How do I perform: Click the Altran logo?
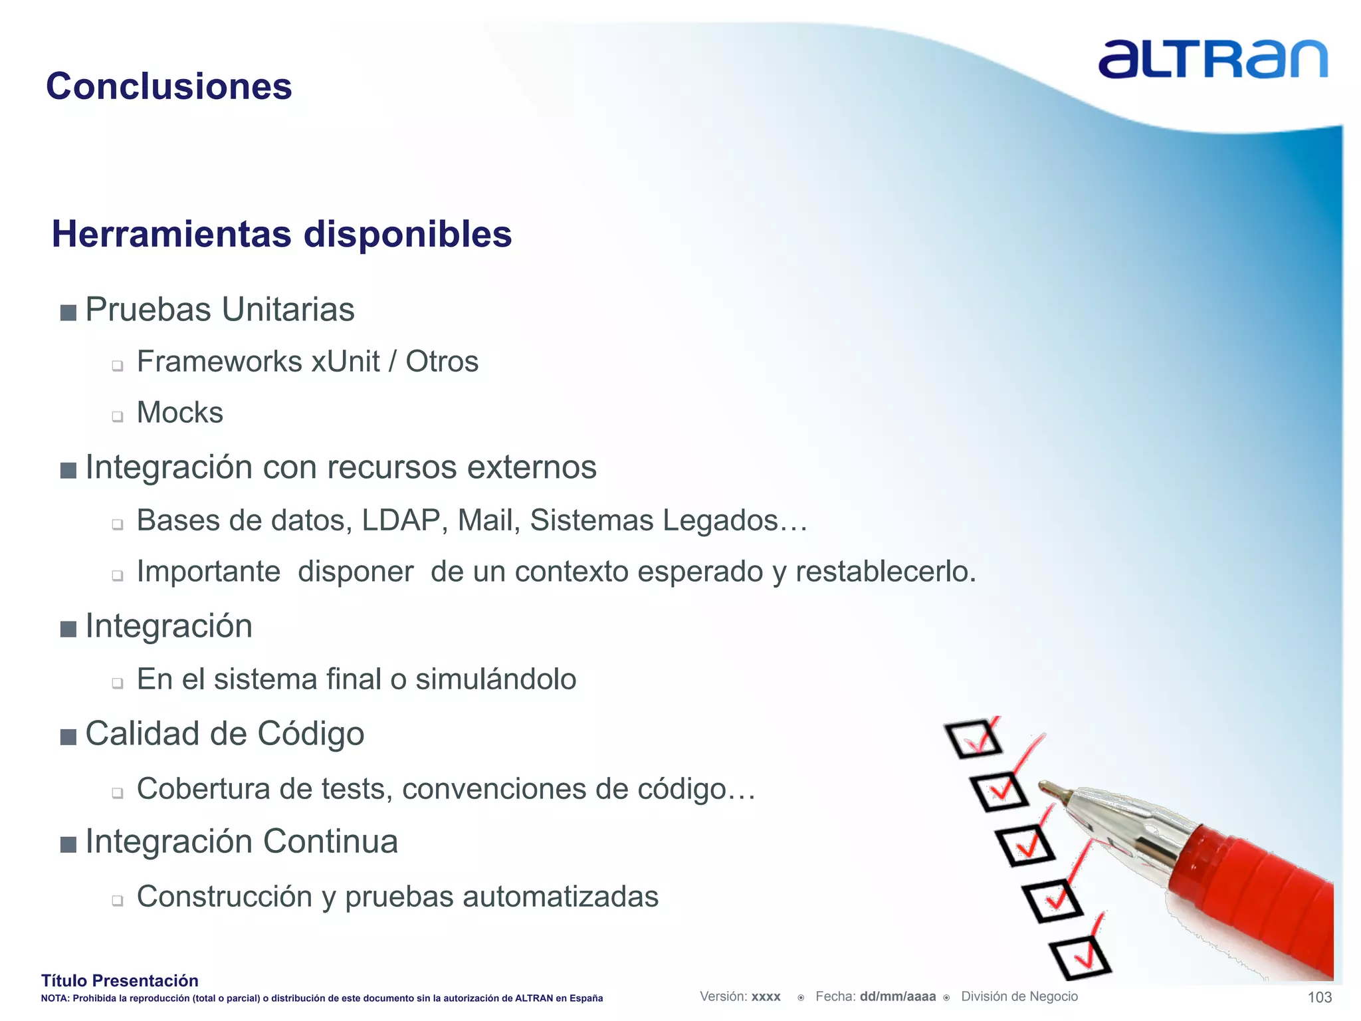coord(1212,60)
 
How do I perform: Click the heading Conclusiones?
coord(169,86)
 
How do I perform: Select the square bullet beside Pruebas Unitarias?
coord(68,312)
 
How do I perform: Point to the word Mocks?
coord(179,413)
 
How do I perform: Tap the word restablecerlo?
coord(885,572)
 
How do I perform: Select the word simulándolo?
coord(496,679)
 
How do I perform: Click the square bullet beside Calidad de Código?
coord(68,737)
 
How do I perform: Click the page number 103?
coord(1319,997)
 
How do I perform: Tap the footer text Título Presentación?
coord(120,980)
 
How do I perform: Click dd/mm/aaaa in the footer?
coord(897,996)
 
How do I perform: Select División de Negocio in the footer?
coord(1019,996)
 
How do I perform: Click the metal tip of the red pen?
coord(1057,792)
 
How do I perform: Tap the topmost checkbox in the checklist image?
coord(973,738)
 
